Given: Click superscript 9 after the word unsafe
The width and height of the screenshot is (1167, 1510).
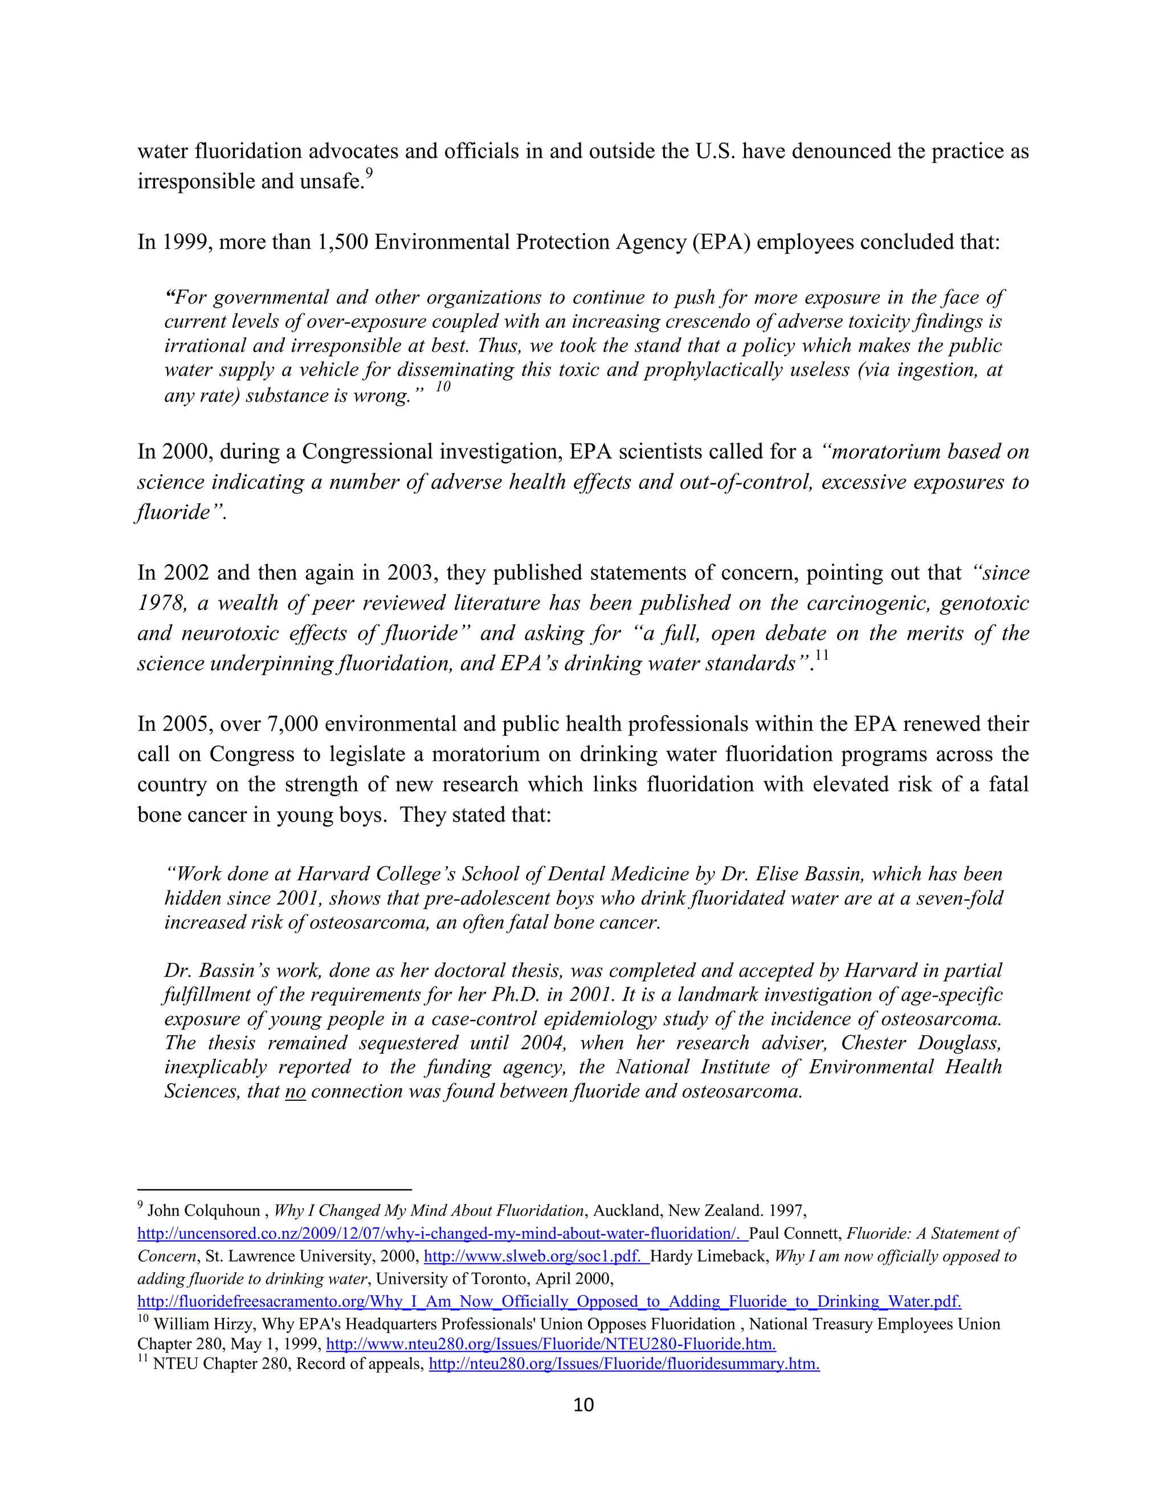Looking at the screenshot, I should click(369, 174).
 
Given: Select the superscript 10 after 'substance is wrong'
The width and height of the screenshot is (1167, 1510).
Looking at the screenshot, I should click(442, 386).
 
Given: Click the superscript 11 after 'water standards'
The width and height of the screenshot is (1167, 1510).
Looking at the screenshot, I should click(821, 655).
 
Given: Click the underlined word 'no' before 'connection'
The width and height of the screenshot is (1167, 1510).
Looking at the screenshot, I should click(295, 1092).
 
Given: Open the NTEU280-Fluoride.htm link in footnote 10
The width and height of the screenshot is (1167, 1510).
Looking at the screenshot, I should click(550, 1345).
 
